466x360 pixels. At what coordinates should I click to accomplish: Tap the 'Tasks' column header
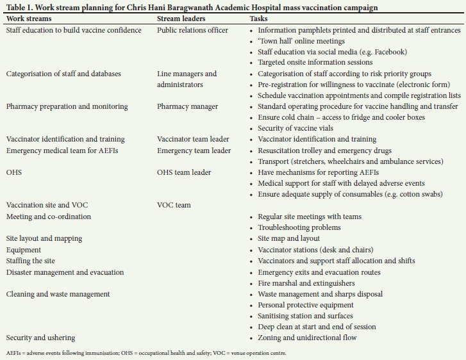[x=259, y=19]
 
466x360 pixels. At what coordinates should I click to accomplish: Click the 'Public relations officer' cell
[x=192, y=30]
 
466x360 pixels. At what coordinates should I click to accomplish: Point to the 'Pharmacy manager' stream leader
[x=187, y=106]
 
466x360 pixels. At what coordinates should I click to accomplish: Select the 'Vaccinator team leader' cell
[x=194, y=139]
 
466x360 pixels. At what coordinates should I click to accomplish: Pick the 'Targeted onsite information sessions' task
[x=315, y=63]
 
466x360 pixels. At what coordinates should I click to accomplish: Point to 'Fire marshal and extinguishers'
[x=306, y=283]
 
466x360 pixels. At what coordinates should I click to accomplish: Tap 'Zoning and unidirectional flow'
[x=308, y=338]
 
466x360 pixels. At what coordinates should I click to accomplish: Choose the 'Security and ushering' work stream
[x=40, y=338]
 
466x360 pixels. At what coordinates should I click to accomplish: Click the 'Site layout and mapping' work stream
[x=44, y=238]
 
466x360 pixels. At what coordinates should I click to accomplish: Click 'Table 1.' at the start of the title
[x=19, y=8]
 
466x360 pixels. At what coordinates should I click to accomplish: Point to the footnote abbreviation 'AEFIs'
[x=14, y=353]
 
